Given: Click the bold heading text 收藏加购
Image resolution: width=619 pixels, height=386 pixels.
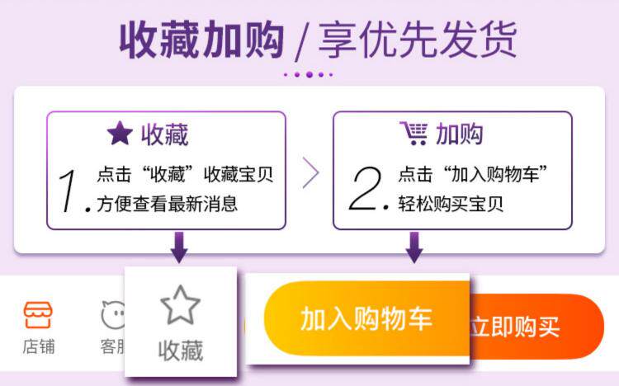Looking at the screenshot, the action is coord(201,40).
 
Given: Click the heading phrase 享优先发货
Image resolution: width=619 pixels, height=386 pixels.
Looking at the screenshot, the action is coord(418,40).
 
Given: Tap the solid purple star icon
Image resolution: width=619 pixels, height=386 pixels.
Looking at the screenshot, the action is coord(120,134).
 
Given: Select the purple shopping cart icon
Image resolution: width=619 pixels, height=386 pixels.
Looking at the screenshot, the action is coord(413,134).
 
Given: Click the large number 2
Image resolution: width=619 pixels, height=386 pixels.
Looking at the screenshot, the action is coord(365,188).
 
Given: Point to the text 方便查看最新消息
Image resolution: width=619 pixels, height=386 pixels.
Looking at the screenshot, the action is coord(167,204).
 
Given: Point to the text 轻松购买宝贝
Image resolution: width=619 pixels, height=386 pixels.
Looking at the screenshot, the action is coord(451,204).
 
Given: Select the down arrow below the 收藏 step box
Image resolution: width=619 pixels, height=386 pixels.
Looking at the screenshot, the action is coord(179,247).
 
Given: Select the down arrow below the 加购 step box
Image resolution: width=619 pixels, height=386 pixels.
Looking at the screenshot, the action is coord(414,247).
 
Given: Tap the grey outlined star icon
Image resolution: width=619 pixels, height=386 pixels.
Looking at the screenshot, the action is coord(181,304).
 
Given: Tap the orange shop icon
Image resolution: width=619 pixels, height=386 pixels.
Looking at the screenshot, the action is coord(38,315).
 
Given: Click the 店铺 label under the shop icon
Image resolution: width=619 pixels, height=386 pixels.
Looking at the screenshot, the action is coord(38,346).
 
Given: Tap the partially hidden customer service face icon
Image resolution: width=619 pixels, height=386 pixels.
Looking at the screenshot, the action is coord(113,315).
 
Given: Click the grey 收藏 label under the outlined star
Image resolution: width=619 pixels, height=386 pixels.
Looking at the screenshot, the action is coord(181,351).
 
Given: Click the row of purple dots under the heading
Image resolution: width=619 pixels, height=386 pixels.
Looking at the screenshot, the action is coord(309,74).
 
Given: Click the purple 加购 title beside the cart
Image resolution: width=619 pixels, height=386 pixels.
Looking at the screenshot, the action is coord(459,134).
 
